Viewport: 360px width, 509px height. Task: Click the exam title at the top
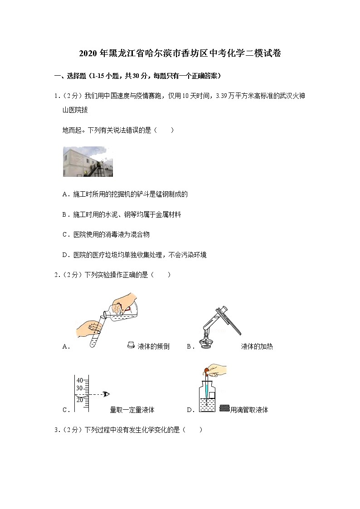(x=180, y=53)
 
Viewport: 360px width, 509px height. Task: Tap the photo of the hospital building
(x=88, y=161)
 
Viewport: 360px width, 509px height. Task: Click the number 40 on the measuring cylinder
(x=79, y=380)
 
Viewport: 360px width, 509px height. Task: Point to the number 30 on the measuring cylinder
(x=79, y=388)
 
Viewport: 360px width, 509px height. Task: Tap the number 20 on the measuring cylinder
(x=79, y=399)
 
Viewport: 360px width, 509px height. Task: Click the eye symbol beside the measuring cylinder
(x=107, y=394)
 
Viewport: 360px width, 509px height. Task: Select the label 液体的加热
(x=257, y=347)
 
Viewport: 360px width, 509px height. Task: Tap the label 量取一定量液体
(x=132, y=410)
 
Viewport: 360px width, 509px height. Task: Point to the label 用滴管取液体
(x=249, y=410)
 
